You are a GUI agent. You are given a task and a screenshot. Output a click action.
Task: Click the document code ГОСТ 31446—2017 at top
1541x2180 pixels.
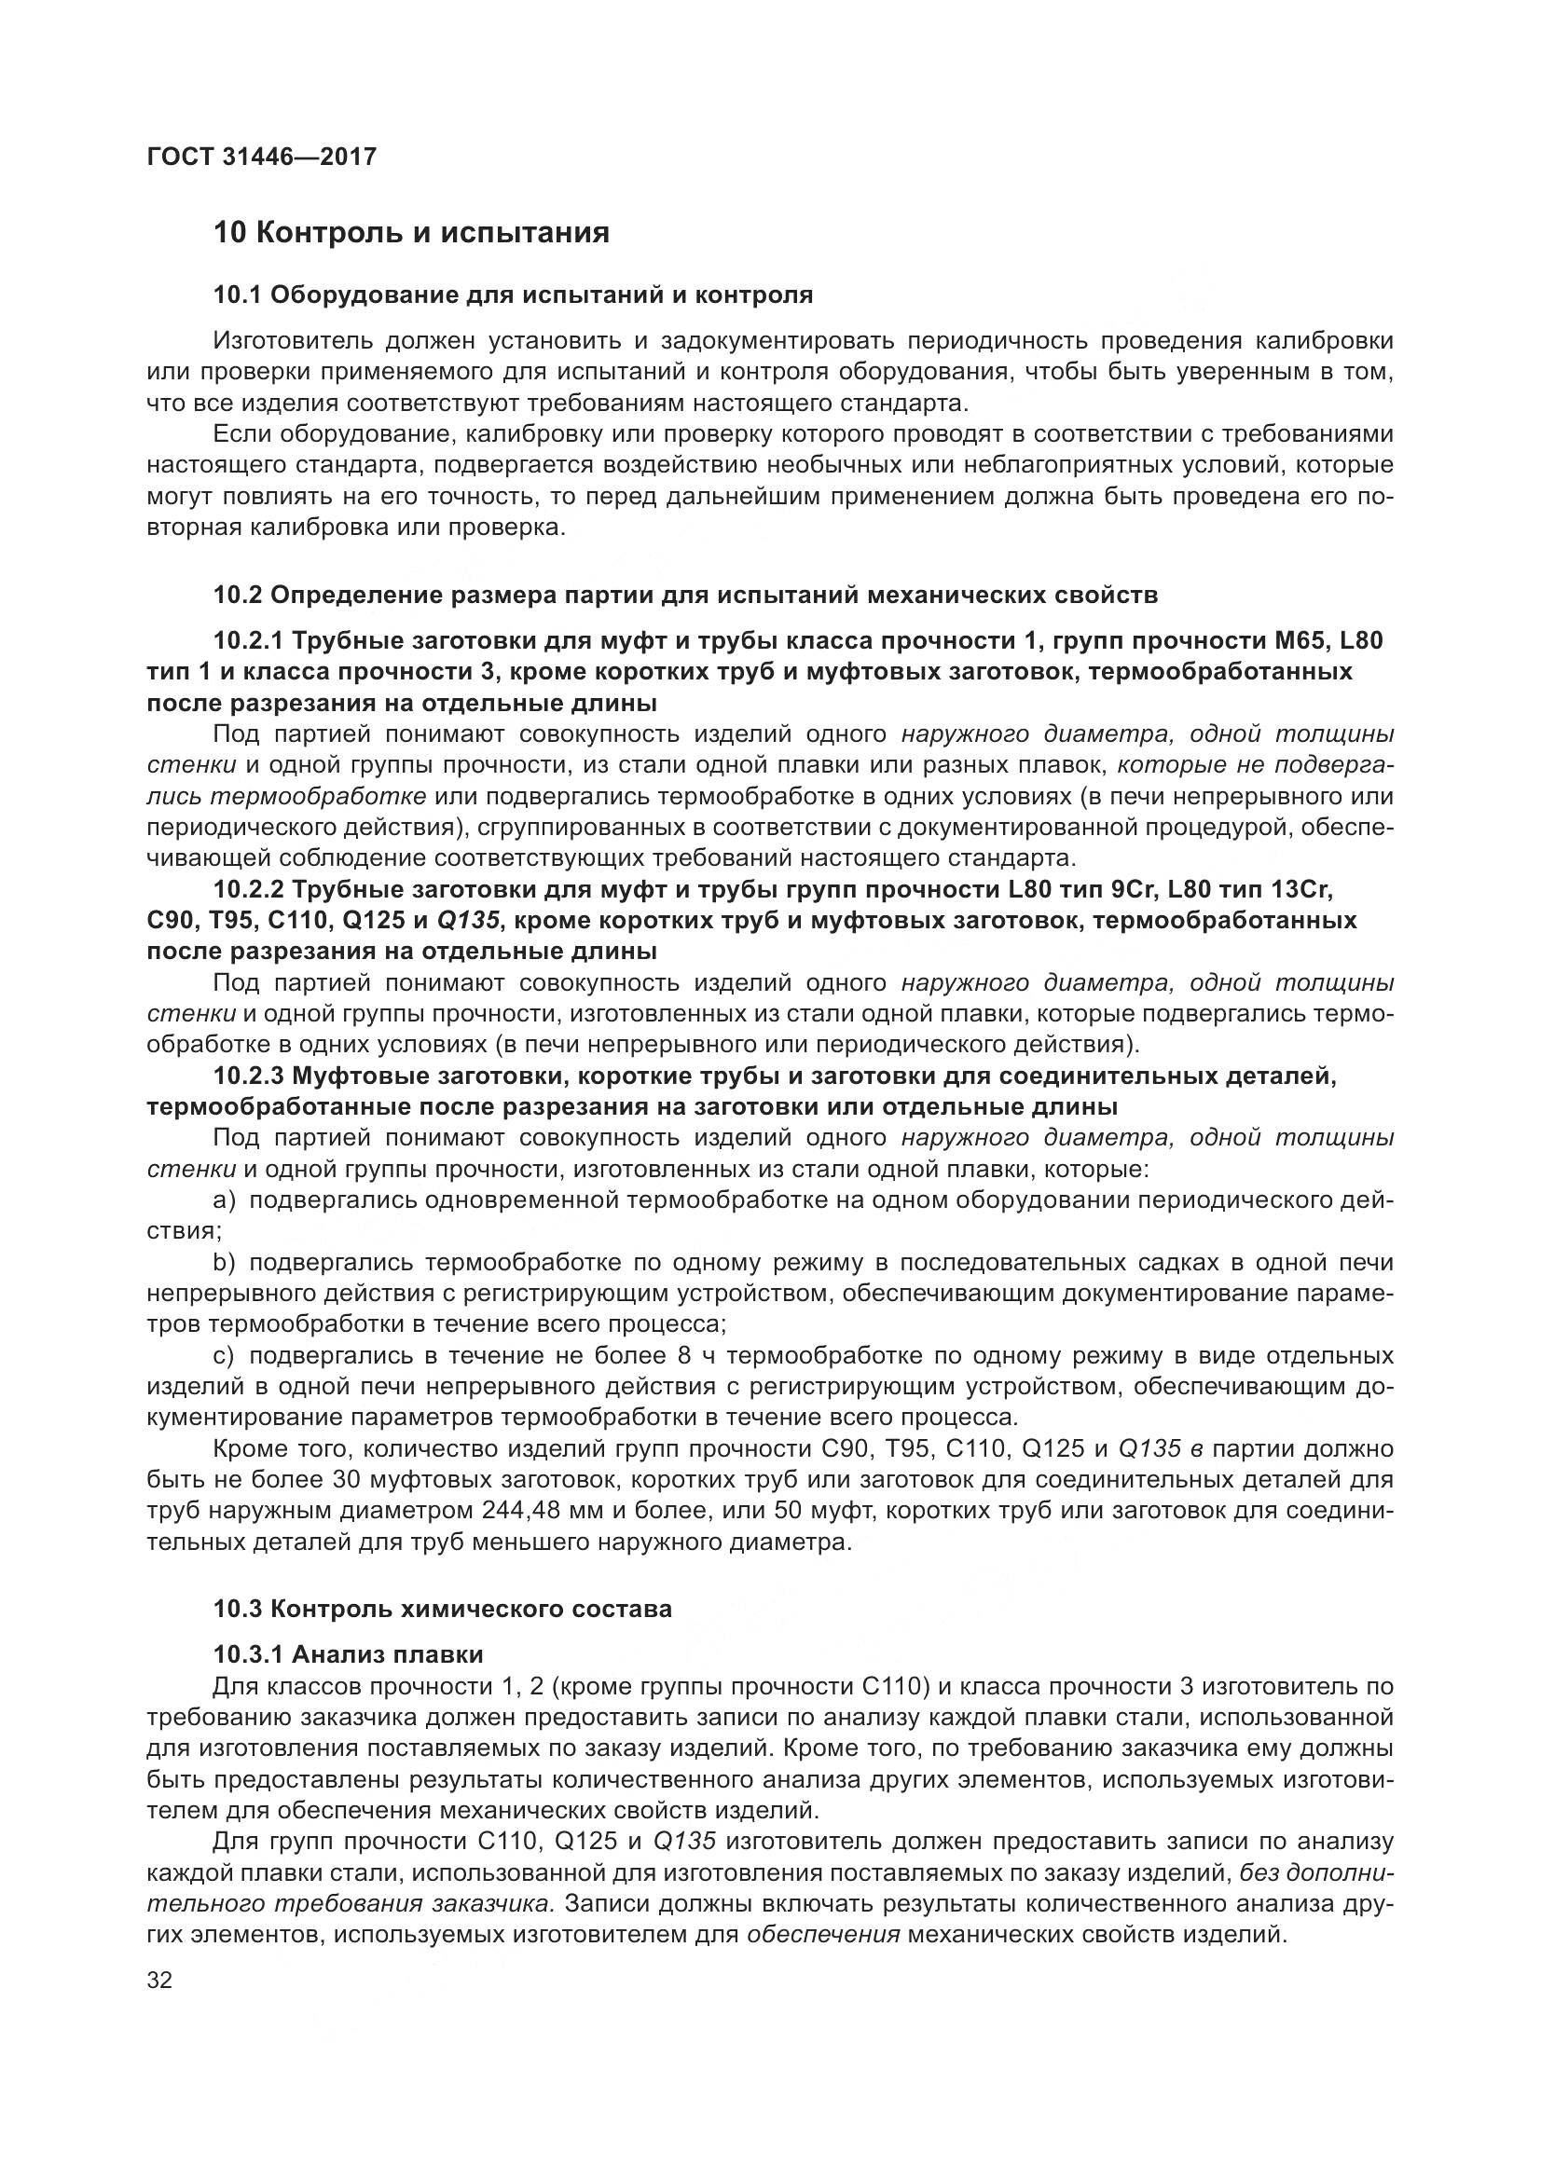click(x=262, y=157)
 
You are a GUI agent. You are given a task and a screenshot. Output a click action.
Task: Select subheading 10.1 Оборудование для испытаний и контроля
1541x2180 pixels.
click(x=513, y=295)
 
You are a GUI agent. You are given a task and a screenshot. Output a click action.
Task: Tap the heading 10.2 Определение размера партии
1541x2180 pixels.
click(x=684, y=596)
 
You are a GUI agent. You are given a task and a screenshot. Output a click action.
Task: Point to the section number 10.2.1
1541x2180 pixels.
click(x=248, y=641)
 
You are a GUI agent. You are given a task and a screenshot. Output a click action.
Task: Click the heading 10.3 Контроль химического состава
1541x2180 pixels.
click(x=442, y=1609)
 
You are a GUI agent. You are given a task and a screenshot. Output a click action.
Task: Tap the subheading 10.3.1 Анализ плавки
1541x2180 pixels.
click(x=348, y=1654)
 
